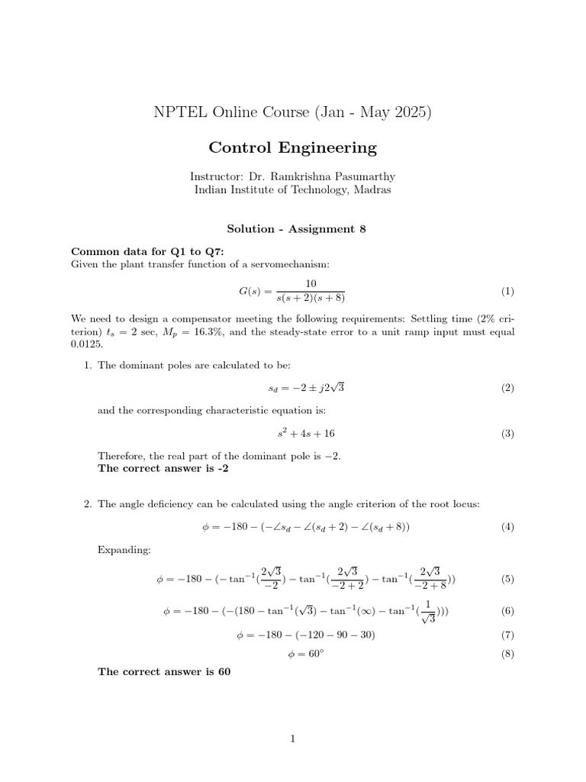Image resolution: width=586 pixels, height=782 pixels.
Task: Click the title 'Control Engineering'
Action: click(293, 147)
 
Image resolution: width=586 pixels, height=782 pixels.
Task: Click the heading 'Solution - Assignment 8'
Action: click(293, 228)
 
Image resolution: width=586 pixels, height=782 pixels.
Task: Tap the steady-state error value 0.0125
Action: click(87, 346)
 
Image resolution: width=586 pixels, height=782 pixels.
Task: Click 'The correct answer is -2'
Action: click(163, 469)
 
